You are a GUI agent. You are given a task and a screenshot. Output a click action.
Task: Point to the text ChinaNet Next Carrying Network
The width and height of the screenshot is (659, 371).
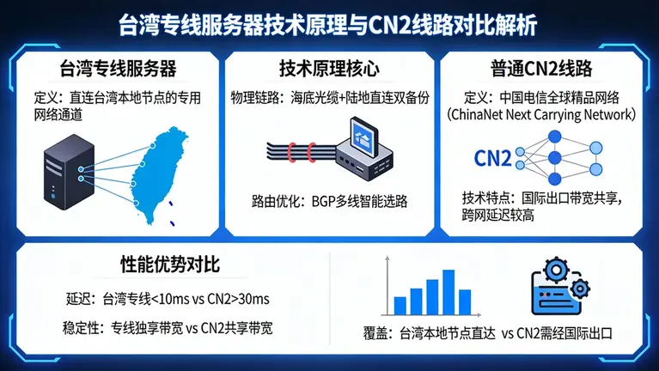tap(546, 113)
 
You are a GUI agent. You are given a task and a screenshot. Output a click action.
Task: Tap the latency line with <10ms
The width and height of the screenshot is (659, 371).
tap(168, 299)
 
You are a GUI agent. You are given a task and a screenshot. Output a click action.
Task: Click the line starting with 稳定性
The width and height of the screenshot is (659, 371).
tap(168, 327)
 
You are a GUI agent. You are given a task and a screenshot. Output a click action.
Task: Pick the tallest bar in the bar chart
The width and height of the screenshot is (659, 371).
tap(448, 293)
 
